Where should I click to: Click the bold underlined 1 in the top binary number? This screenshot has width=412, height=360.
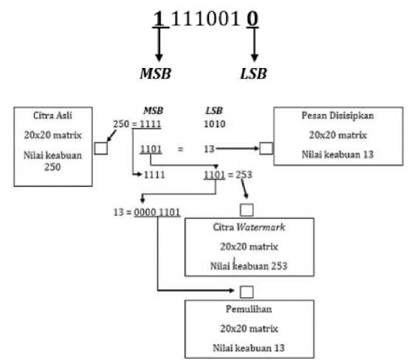[159, 18]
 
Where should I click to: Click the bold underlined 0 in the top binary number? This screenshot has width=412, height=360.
[253, 18]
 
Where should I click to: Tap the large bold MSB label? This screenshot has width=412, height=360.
[156, 73]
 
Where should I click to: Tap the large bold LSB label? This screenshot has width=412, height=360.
[253, 73]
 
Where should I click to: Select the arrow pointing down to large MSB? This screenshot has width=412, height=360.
[159, 44]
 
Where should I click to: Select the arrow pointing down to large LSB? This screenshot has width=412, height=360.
[254, 44]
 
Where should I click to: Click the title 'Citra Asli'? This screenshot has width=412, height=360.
[52, 115]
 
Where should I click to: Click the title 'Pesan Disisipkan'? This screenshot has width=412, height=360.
[337, 115]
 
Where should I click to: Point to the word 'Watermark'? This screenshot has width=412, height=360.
[261, 227]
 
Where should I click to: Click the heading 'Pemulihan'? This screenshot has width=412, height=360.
[249, 309]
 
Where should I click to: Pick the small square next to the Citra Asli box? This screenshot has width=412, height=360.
[101, 148]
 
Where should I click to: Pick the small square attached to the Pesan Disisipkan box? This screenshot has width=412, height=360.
[266, 148]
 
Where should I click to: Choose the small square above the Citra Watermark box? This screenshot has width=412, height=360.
[247, 210]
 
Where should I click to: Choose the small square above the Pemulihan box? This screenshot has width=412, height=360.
[247, 292]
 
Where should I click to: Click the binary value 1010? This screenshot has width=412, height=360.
[215, 124]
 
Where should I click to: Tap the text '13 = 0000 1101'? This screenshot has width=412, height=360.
[147, 212]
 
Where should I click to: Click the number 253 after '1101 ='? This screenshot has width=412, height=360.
[244, 174]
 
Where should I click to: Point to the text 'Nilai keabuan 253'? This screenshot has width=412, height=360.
[249, 266]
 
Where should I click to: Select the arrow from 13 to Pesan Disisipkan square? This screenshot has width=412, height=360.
[238, 149]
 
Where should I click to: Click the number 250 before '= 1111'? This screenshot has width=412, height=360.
[121, 124]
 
